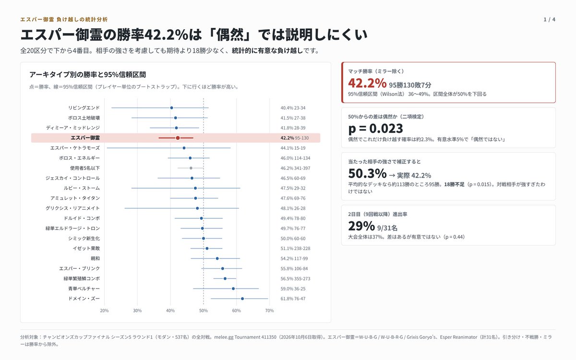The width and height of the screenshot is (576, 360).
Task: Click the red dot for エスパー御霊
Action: pos(178,138)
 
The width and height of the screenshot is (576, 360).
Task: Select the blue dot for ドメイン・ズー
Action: pos(242,299)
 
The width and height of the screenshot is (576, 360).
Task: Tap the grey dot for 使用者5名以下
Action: pos(191,168)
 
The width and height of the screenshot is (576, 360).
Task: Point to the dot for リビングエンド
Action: pos(171,108)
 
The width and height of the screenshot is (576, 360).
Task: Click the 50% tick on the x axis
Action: pos(204,311)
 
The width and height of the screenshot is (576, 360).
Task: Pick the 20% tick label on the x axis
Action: pos(104,311)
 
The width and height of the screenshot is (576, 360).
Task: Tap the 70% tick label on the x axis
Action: pos(269,311)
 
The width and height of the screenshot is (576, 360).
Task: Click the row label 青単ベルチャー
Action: pos(84,289)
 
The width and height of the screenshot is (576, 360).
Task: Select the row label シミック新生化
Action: pos(84,239)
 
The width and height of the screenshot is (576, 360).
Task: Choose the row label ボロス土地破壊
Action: pos(84,118)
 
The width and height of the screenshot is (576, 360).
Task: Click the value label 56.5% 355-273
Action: pos(295,279)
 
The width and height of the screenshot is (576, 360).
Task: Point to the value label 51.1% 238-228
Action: pos(295,249)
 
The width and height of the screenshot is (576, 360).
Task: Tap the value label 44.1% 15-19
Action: pos(293,148)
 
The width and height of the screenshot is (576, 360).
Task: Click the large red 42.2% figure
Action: pos(367,83)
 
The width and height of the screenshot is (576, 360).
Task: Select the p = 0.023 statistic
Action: pos(375,128)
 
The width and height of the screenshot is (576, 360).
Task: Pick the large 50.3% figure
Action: pos(367,173)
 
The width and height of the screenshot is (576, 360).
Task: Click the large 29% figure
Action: pos(361,226)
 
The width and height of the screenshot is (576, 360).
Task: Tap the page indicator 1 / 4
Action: pos(549,20)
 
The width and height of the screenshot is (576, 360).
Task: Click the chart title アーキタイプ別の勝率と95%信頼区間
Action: pos(87,75)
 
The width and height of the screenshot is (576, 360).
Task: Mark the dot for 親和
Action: pos(217,259)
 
